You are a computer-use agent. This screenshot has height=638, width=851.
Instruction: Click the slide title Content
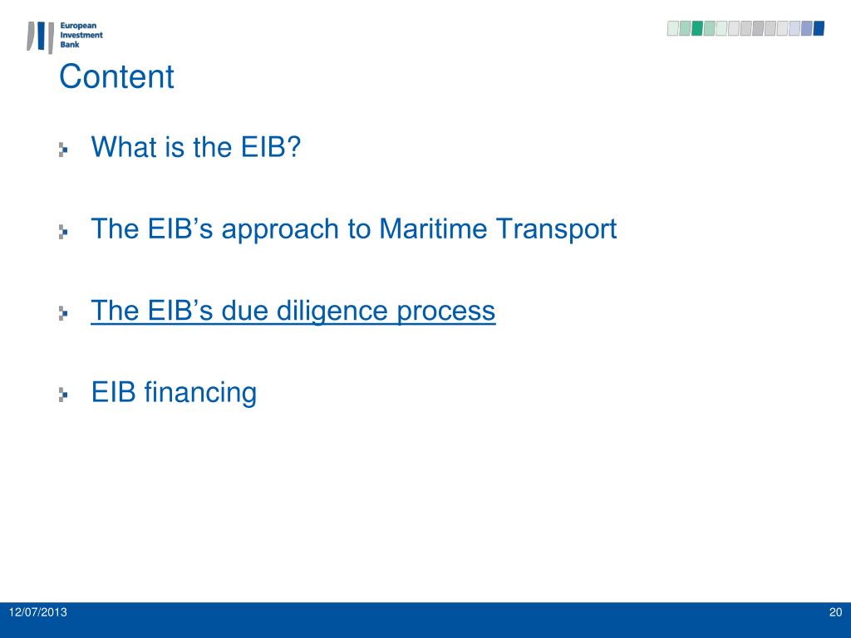tap(116, 77)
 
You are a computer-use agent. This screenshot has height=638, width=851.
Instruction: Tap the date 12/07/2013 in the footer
tap(38, 613)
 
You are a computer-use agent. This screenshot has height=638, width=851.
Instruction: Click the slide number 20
tap(835, 613)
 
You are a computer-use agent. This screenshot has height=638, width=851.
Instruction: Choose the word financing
tap(200, 392)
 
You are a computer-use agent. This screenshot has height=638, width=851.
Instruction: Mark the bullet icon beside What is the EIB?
tap(63, 150)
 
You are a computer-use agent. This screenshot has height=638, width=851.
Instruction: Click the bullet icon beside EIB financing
tap(63, 395)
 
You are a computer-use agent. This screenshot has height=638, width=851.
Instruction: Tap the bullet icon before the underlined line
tap(63, 314)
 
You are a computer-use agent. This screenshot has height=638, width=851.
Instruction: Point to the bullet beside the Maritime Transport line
tap(63, 232)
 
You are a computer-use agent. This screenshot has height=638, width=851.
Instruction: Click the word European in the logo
tap(81, 27)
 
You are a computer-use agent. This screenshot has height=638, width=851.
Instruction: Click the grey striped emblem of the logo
tap(40, 37)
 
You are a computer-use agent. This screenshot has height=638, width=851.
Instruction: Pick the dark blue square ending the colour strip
tap(819, 28)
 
